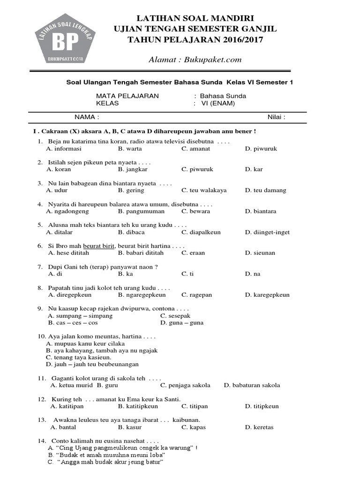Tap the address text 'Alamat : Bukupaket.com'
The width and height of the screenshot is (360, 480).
195,59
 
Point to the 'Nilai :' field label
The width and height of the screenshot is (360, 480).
277,117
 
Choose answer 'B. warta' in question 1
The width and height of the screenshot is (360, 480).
130,149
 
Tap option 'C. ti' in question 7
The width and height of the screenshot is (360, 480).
187,274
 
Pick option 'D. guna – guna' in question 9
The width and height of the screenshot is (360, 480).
182,323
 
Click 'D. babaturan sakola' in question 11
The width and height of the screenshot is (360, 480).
252,385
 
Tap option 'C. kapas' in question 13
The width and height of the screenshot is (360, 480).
194,427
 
